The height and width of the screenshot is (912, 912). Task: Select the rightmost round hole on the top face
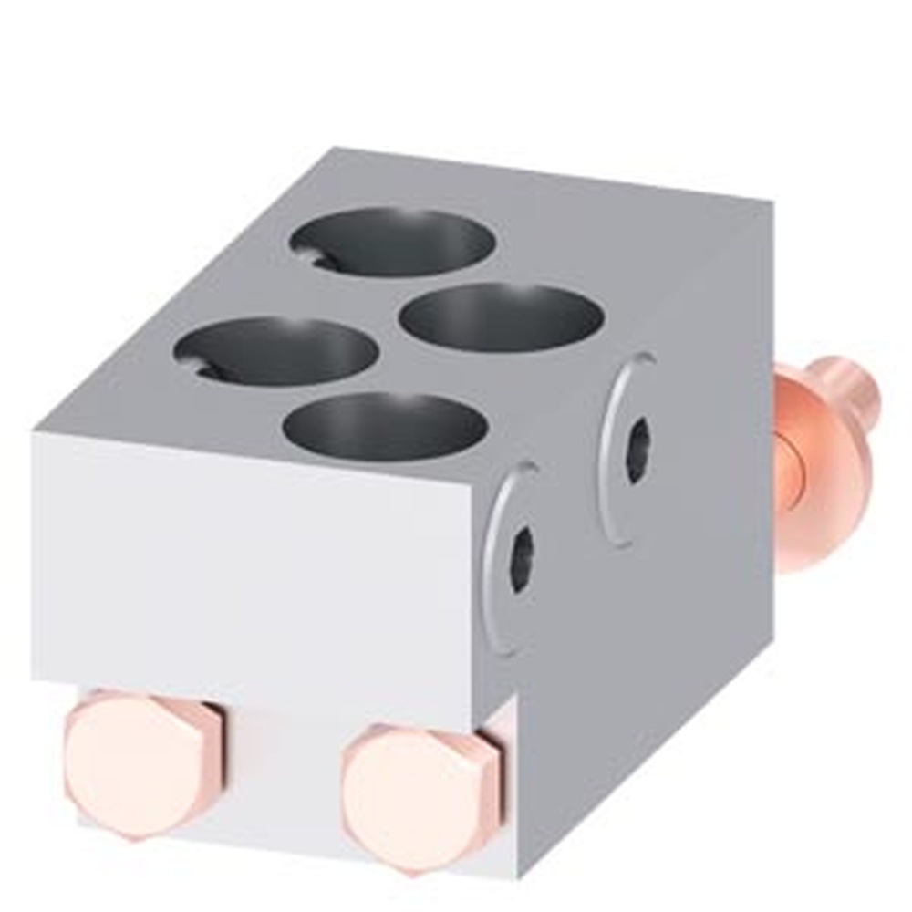pyautogui.click(x=502, y=317)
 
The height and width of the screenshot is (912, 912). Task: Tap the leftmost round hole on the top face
pyautogui.click(x=277, y=351)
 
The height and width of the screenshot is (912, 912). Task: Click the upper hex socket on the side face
pyautogui.click(x=639, y=450)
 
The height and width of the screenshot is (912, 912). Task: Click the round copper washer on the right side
pyautogui.click(x=821, y=474)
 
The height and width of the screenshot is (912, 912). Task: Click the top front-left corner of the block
pyautogui.click(x=35, y=434)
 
